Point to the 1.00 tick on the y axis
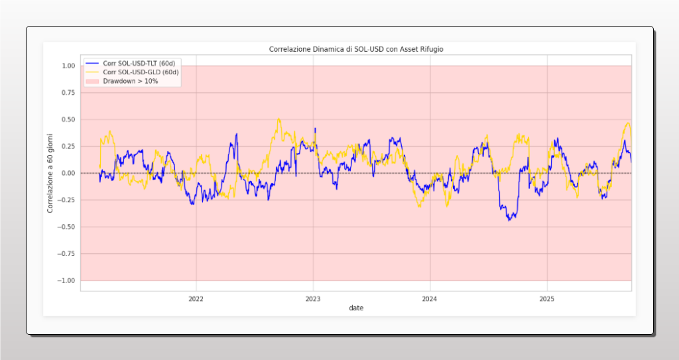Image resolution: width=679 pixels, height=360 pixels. click(68, 66)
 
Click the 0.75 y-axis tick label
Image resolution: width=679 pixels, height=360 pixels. click(68, 93)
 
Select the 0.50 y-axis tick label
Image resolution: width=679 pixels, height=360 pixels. click(68, 119)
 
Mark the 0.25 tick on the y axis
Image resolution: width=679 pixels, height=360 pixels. click(68, 147)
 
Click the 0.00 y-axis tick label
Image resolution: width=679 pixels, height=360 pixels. click(68, 173)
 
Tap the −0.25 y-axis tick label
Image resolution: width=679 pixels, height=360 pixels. click(66, 200)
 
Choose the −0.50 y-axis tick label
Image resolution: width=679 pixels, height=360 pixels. click(66, 227)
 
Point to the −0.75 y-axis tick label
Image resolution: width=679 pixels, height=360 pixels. click(66, 254)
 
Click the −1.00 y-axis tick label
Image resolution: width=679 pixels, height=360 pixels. click(66, 280)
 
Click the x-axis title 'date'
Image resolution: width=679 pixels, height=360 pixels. click(356, 308)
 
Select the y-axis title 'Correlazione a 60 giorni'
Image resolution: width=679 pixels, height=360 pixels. click(50, 173)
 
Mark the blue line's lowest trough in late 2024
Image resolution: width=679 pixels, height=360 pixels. click(509, 220)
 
